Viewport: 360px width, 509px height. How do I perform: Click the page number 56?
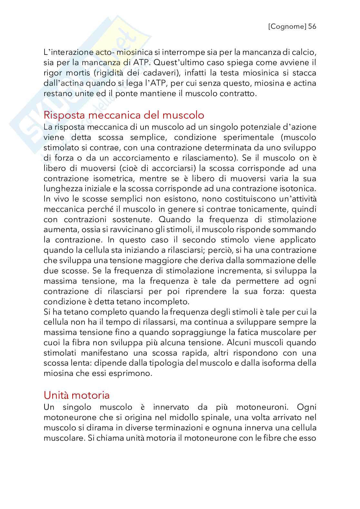point(312,26)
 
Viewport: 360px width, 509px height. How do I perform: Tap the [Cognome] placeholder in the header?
point(287,26)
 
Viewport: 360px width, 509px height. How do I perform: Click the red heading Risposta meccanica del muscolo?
point(124,115)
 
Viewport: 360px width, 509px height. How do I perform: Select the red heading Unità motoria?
point(76,395)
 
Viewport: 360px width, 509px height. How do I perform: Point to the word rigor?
point(52,73)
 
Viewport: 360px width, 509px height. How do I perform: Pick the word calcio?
point(304,52)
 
